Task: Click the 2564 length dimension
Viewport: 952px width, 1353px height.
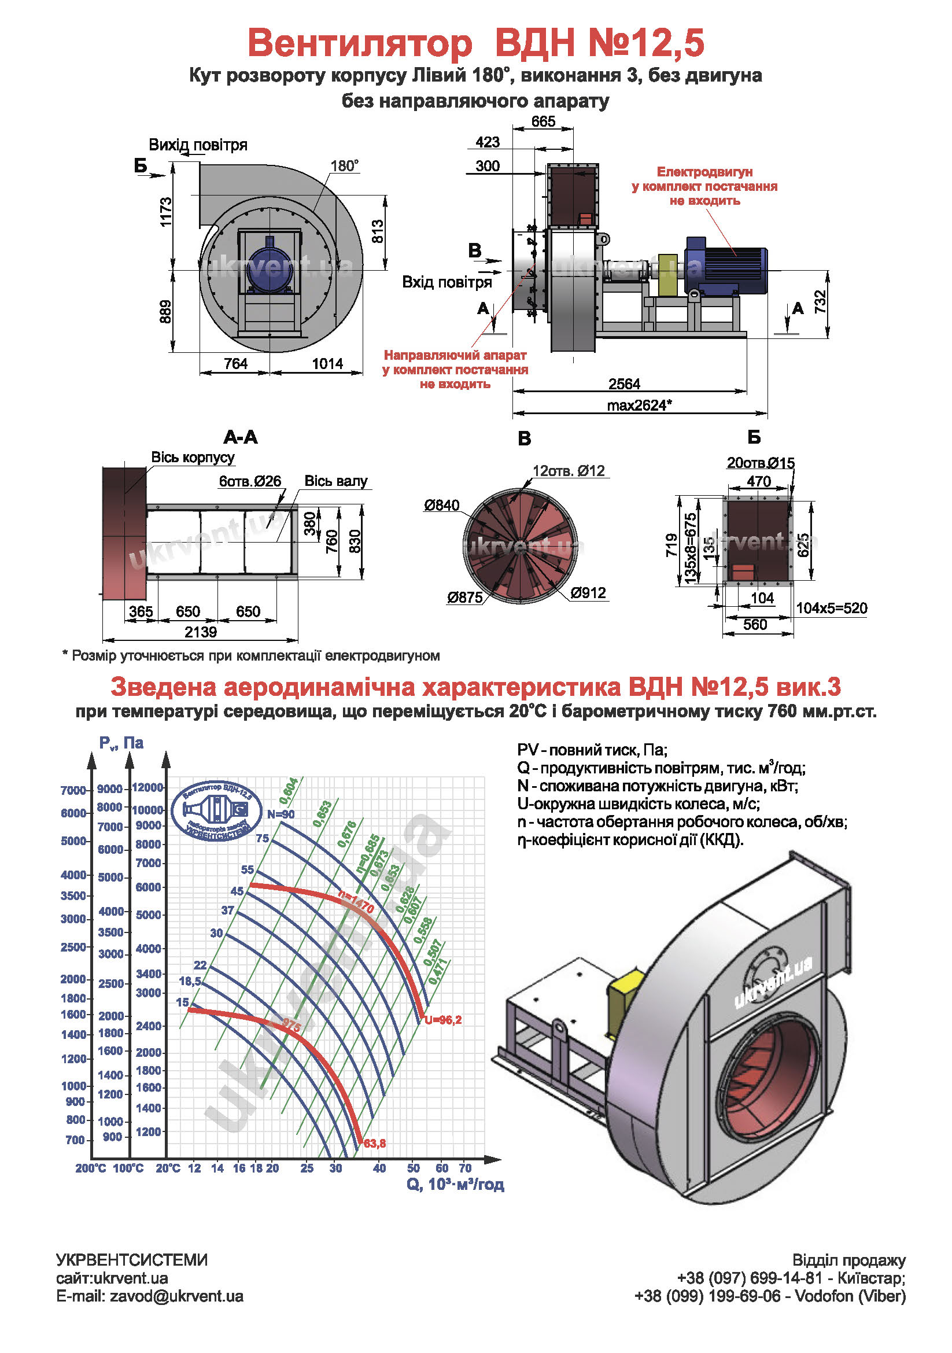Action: [x=624, y=384]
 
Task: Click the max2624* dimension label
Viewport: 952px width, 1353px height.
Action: [x=639, y=405]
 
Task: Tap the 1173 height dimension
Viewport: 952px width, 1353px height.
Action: [x=166, y=212]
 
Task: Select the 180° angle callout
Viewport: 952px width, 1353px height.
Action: [x=345, y=165]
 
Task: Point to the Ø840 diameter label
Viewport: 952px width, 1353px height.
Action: [x=441, y=505]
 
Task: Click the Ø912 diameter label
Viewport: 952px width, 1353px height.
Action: [x=588, y=593]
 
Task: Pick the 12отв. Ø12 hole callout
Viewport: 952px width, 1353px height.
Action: [x=569, y=471]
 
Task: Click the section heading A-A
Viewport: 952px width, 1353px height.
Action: [x=241, y=437]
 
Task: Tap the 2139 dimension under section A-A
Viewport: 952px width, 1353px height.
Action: [x=200, y=632]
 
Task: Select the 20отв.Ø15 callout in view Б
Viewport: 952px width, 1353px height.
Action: [x=761, y=463]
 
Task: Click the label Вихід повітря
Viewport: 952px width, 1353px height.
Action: [x=198, y=145]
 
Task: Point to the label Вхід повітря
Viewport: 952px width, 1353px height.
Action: [x=447, y=282]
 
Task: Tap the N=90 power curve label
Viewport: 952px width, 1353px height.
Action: [x=281, y=814]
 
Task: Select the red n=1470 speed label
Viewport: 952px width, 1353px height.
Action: [x=356, y=902]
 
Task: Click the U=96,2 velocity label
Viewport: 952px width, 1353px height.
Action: [x=443, y=1020]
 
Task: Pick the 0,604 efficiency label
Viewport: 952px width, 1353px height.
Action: [x=289, y=791]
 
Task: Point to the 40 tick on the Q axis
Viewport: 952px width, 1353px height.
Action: [x=379, y=1168]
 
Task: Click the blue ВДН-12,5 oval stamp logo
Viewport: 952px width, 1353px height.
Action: [x=216, y=811]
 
